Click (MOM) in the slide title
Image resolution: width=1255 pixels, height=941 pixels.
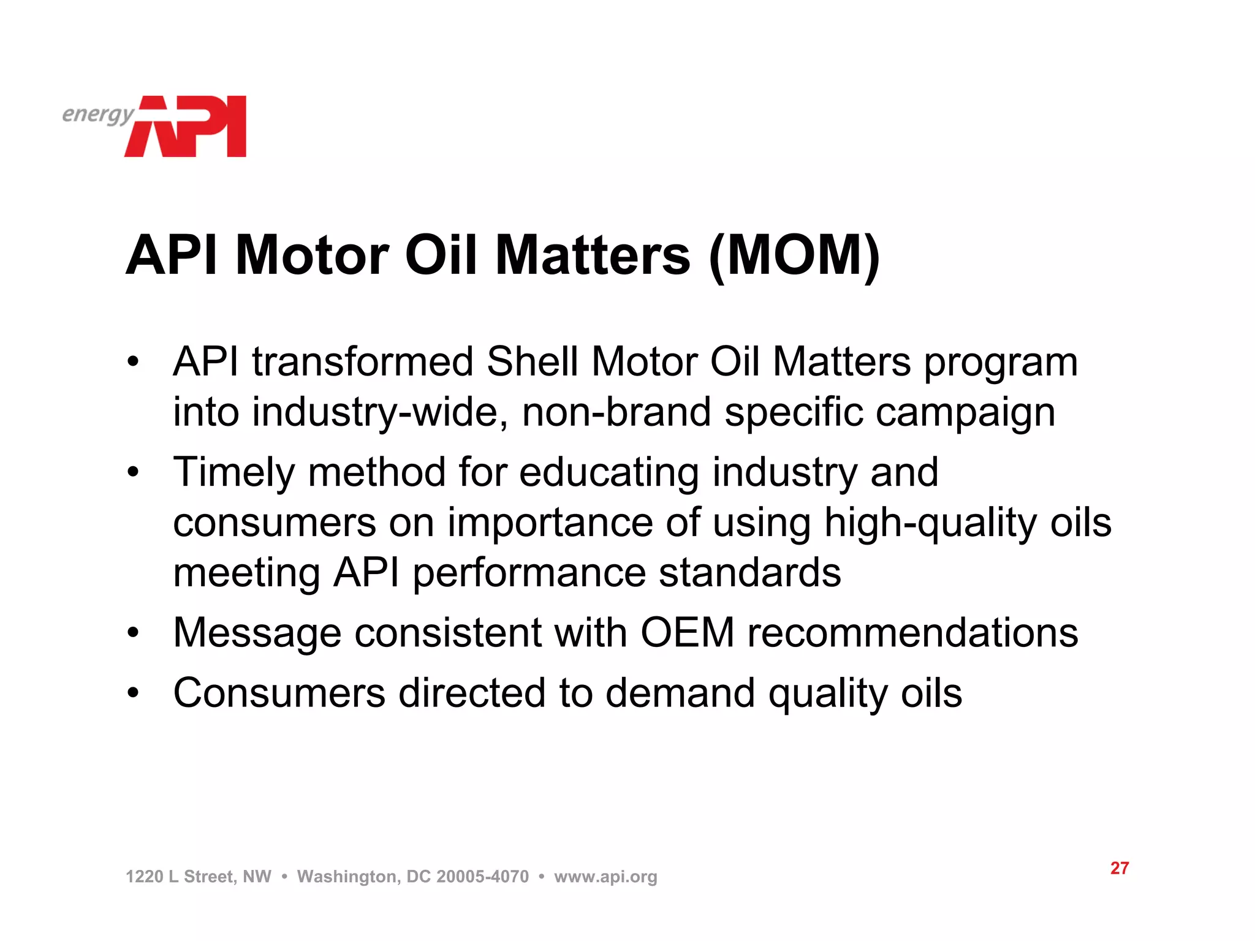[794, 256]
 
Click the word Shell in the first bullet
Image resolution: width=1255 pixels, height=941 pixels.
[532, 361]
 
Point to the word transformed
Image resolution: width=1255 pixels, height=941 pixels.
[363, 361]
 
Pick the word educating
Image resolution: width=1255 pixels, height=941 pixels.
[609, 473]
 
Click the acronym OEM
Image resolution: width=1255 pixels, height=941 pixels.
[687, 632]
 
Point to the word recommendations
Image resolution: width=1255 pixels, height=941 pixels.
[912, 632]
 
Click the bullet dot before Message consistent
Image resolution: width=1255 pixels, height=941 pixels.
[134, 633]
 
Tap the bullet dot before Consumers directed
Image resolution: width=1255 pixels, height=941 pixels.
[134, 693]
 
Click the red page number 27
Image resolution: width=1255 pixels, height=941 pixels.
[1119, 868]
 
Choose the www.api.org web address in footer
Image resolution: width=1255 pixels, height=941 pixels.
[605, 877]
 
